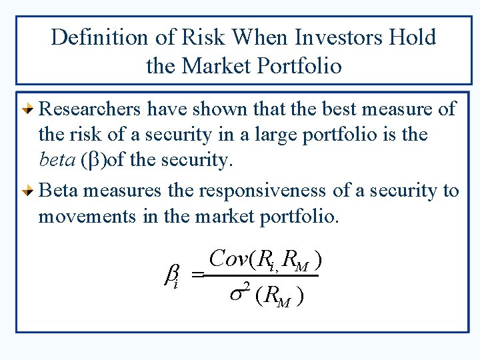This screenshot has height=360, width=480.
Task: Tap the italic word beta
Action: click(x=55, y=160)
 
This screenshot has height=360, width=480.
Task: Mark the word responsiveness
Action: click(x=261, y=190)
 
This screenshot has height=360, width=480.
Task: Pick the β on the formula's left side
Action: click(x=170, y=275)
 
